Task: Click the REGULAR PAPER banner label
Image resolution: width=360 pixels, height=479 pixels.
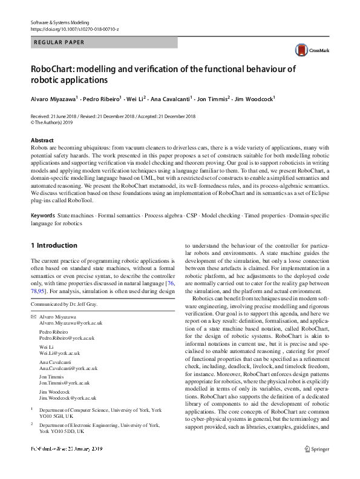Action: click(x=59, y=42)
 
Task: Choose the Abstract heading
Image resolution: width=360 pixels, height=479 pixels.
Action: click(x=42, y=140)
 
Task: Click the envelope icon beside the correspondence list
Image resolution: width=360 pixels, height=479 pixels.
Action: click(x=33, y=317)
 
